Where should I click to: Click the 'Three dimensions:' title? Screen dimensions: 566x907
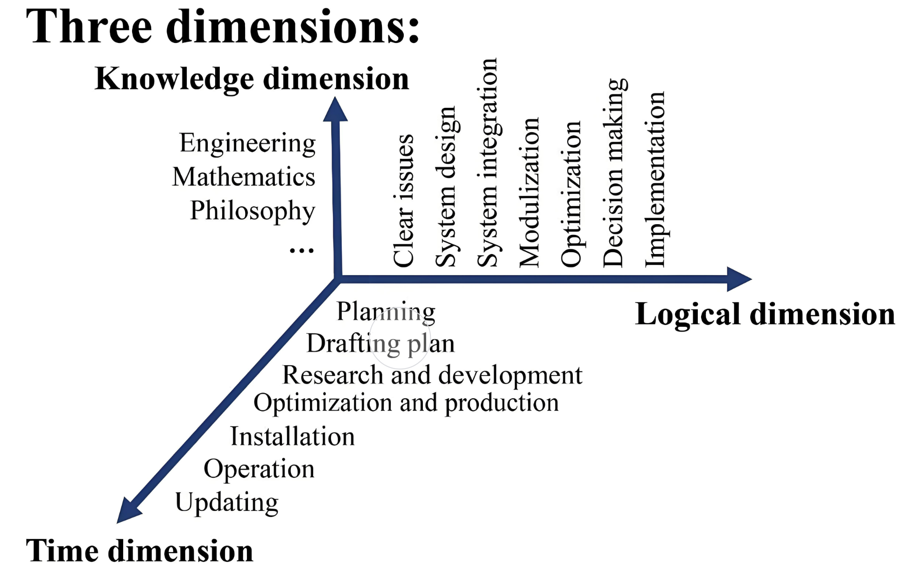[x=223, y=27]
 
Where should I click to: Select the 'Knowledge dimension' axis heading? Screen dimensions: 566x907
[x=252, y=78]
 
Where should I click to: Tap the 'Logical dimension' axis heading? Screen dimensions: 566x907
[x=765, y=314]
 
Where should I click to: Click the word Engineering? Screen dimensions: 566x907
[x=247, y=143]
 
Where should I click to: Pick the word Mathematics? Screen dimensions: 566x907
[x=244, y=177]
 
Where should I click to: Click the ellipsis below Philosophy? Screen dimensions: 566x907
[x=302, y=251]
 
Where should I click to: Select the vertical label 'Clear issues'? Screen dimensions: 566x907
[x=403, y=201]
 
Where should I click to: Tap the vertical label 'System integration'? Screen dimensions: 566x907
[x=487, y=163]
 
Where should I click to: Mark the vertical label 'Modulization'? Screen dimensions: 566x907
[x=529, y=192]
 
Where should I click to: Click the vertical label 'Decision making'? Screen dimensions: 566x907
[x=614, y=173]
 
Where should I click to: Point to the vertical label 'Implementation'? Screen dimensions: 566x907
[x=655, y=179]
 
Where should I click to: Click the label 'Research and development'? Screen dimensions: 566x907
[x=432, y=375]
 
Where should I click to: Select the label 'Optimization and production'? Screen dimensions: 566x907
[x=406, y=403]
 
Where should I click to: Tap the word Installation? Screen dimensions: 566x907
[x=293, y=437]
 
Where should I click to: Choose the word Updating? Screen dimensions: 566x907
[x=227, y=502]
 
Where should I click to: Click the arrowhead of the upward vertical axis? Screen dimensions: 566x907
[x=335, y=110]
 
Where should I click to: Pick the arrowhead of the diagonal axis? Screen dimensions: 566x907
[x=128, y=511]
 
